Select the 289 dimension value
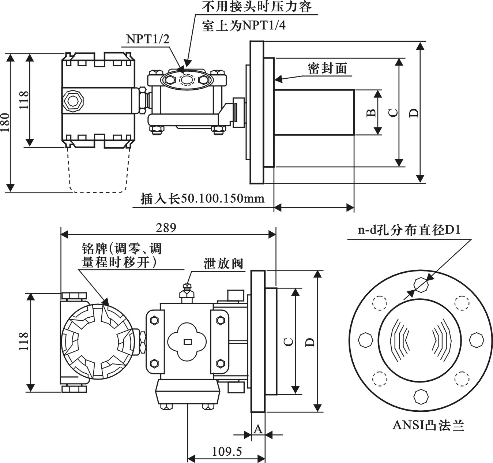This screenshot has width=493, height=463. click(166, 227)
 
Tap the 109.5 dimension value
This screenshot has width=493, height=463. click(227, 452)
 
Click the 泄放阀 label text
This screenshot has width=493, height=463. click(223, 264)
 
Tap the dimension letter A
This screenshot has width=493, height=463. click(258, 429)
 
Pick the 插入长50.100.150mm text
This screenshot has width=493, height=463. click(203, 199)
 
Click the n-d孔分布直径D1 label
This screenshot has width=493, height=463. click(409, 230)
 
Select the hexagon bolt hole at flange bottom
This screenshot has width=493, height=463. click(421, 396)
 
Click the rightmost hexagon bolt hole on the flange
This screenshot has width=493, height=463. click(476, 340)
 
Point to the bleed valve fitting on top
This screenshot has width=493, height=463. click(187, 292)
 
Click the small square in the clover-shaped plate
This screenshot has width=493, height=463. click(188, 342)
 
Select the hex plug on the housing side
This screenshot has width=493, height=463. click(73, 100)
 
